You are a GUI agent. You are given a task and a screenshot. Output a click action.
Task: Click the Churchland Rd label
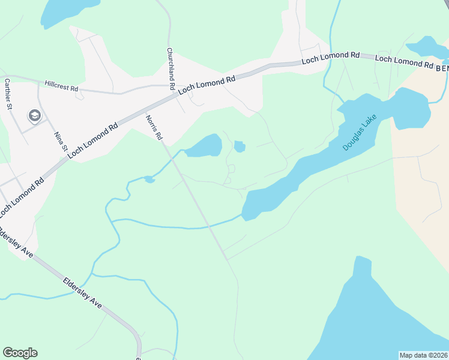170,69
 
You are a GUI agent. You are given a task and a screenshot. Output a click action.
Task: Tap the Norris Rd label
154,128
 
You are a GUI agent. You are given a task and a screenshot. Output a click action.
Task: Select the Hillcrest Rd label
61,86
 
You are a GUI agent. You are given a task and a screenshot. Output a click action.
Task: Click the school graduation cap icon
34,115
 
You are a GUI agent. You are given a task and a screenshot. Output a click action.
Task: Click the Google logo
20,353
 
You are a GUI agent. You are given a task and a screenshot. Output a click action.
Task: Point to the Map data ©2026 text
423,355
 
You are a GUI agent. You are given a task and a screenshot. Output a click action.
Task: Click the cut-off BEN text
442,69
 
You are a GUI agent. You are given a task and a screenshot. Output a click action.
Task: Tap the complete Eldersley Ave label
82,293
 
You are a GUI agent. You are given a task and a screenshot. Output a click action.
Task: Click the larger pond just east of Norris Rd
205,146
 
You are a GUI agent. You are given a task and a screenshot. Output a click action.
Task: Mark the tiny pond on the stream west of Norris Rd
149,179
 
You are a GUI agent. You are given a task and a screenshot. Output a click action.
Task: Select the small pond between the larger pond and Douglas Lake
240,146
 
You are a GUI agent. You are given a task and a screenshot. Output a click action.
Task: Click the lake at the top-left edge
66,10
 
